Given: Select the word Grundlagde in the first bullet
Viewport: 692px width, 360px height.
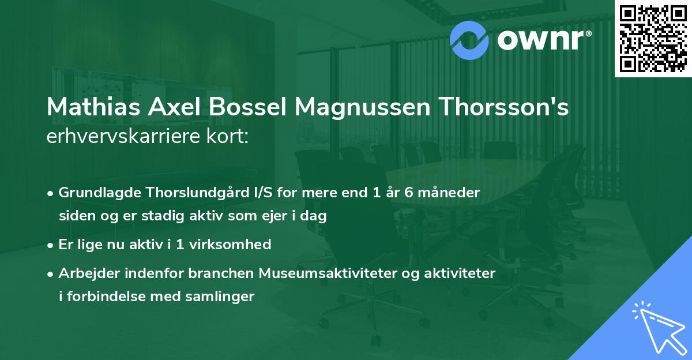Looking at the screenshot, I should point(94,193).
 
